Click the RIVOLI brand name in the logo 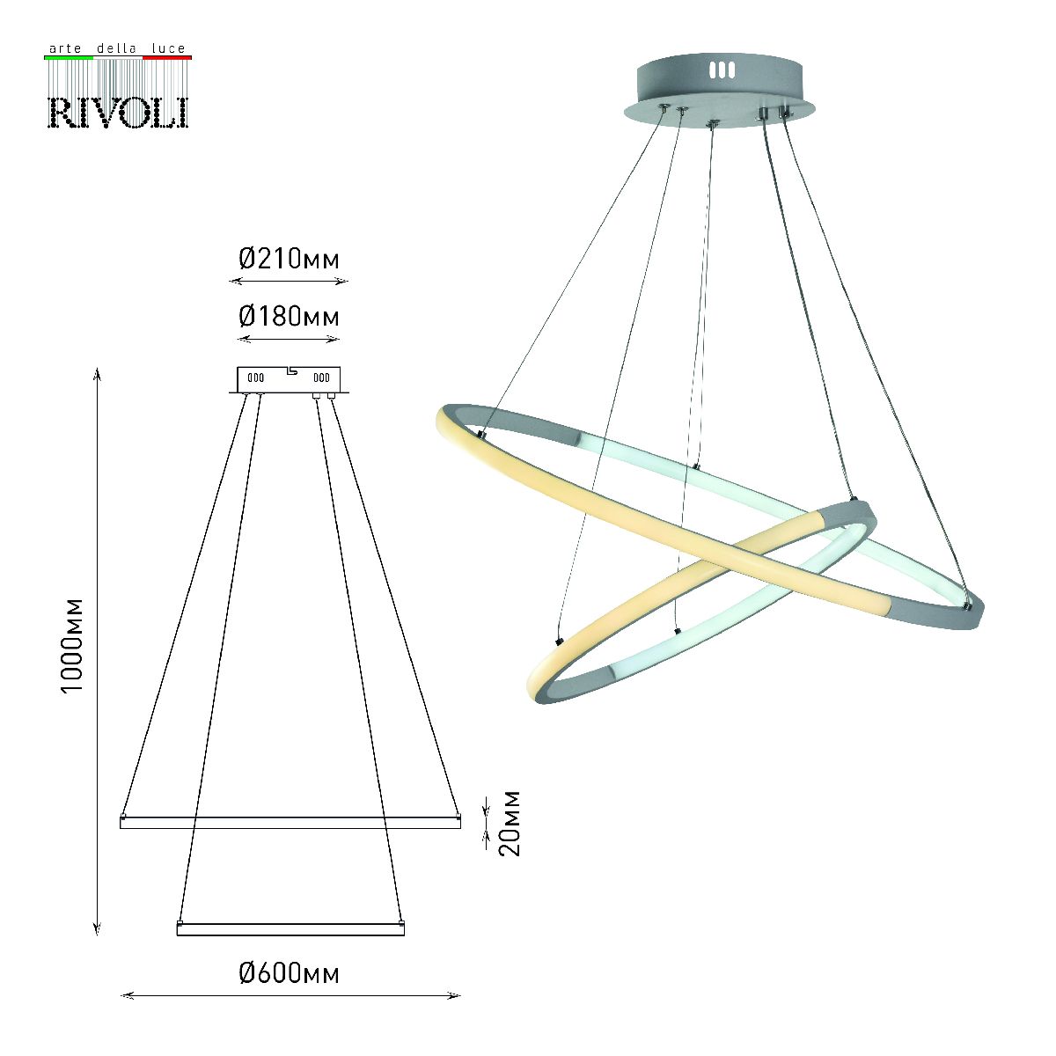(x=117, y=112)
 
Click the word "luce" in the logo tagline (x=169, y=48)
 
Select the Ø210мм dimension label (x=289, y=259)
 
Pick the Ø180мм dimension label (x=289, y=316)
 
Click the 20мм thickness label (x=510, y=823)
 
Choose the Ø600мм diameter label (x=289, y=973)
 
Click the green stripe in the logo (x=69, y=57)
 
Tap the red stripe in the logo (x=167, y=57)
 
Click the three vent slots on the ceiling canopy (x=721, y=70)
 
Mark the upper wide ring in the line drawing (x=290, y=822)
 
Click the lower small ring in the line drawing (x=290, y=929)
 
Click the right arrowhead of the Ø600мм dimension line (x=456, y=996)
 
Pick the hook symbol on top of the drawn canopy (x=292, y=370)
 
